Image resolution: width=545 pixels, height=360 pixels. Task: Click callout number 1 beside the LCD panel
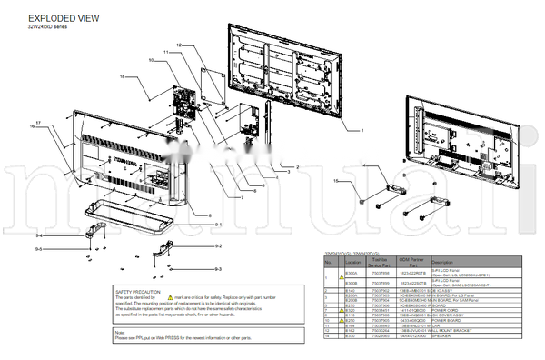click(361, 131)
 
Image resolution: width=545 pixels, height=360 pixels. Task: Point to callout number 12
click(180, 45)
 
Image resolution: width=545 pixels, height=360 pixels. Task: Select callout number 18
click(122, 78)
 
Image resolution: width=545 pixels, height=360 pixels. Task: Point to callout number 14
click(362, 165)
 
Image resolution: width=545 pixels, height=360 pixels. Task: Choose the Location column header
click(352, 262)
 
